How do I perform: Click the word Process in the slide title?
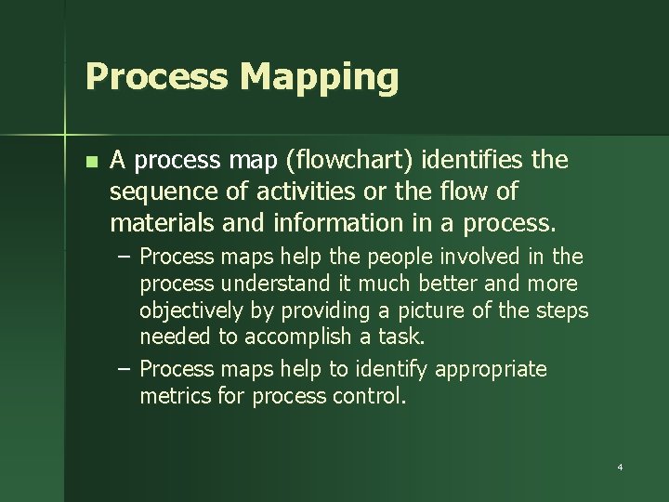[155, 76]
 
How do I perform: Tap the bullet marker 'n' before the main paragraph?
[90, 162]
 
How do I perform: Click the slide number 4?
[620, 467]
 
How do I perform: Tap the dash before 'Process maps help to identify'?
[125, 369]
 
